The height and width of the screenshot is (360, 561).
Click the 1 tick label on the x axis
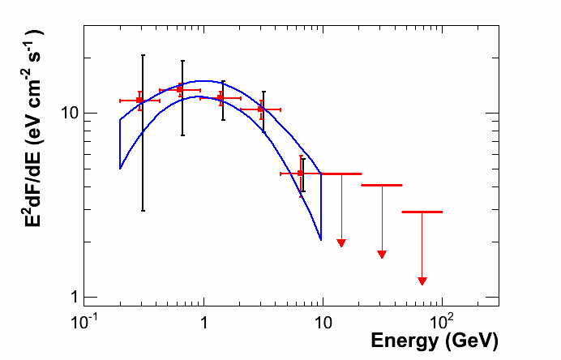tap(203, 320)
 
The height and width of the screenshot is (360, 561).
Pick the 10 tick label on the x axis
tap(323, 320)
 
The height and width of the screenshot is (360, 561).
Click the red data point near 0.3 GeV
tap(139, 101)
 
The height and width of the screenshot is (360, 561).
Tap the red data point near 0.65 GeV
tap(180, 90)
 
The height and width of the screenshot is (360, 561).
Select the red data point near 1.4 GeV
tap(221, 98)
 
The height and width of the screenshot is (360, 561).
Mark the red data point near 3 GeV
tap(261, 109)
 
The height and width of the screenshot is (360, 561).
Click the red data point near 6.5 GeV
tap(301, 174)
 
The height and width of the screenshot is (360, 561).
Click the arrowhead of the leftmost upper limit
tap(341, 243)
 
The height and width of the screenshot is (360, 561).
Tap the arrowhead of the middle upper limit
tap(382, 255)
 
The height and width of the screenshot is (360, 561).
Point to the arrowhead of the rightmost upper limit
tap(422, 281)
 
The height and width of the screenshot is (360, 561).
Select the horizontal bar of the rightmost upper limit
tap(422, 212)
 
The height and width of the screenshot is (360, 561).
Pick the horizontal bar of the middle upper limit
tap(382, 186)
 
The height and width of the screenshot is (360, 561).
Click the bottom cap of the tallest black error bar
tap(143, 211)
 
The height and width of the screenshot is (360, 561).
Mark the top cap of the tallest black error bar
tap(143, 55)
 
